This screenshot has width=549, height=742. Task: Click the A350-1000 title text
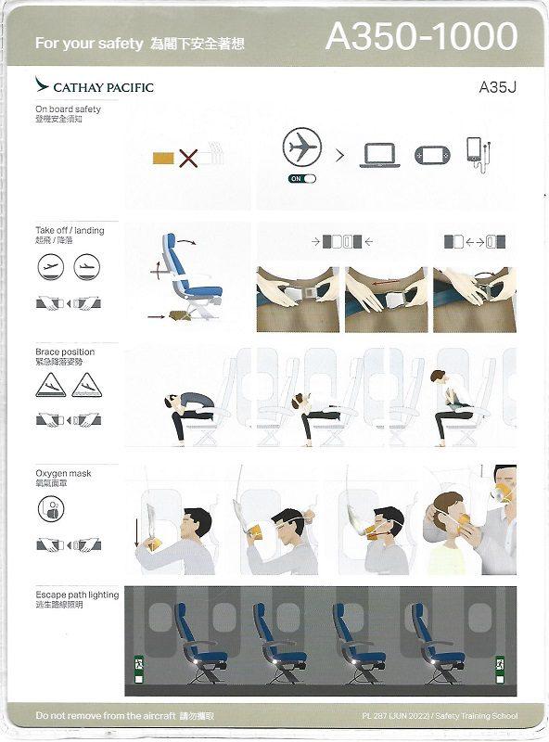pyautogui.click(x=421, y=36)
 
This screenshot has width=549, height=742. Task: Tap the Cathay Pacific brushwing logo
pyautogui.click(x=42, y=86)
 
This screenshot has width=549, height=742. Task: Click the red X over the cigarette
pyautogui.click(x=188, y=158)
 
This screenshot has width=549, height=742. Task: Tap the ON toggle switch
pyautogui.click(x=302, y=178)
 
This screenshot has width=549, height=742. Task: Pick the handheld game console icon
pyautogui.click(x=431, y=155)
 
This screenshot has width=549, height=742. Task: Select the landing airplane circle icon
pyautogui.click(x=86, y=268)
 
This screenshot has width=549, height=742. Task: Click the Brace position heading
pyautogui.click(x=65, y=352)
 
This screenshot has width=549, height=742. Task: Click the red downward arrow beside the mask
pyautogui.click(x=138, y=532)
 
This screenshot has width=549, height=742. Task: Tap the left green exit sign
pyautogui.click(x=137, y=665)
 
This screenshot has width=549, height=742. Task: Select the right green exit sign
pyautogui.click(x=501, y=665)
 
